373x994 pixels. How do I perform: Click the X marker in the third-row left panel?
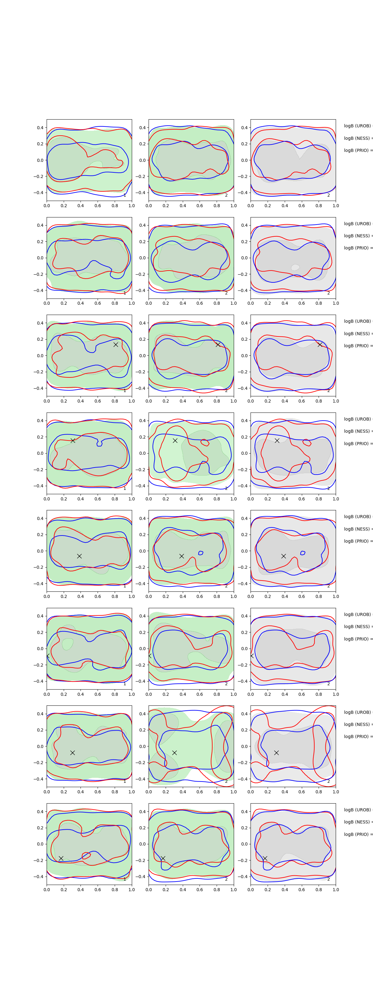pos(115,344)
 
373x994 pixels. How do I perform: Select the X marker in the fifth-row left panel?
pos(79,556)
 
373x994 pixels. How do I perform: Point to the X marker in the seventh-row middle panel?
pos(174,752)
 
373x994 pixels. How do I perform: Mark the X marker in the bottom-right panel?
pos(265,858)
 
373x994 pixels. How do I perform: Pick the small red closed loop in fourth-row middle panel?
pos(205,442)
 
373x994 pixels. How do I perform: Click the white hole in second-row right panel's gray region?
pos(295,267)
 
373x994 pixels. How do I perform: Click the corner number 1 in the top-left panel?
pos(125,195)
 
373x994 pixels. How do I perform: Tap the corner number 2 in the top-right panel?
pos(329,195)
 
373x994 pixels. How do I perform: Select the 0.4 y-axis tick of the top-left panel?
pos(40,128)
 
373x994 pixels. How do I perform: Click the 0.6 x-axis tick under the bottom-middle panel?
pos(200,889)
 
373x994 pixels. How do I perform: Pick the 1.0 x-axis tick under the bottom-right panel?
pos(336,889)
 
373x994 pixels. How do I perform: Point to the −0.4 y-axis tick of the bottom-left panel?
pos(39,876)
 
